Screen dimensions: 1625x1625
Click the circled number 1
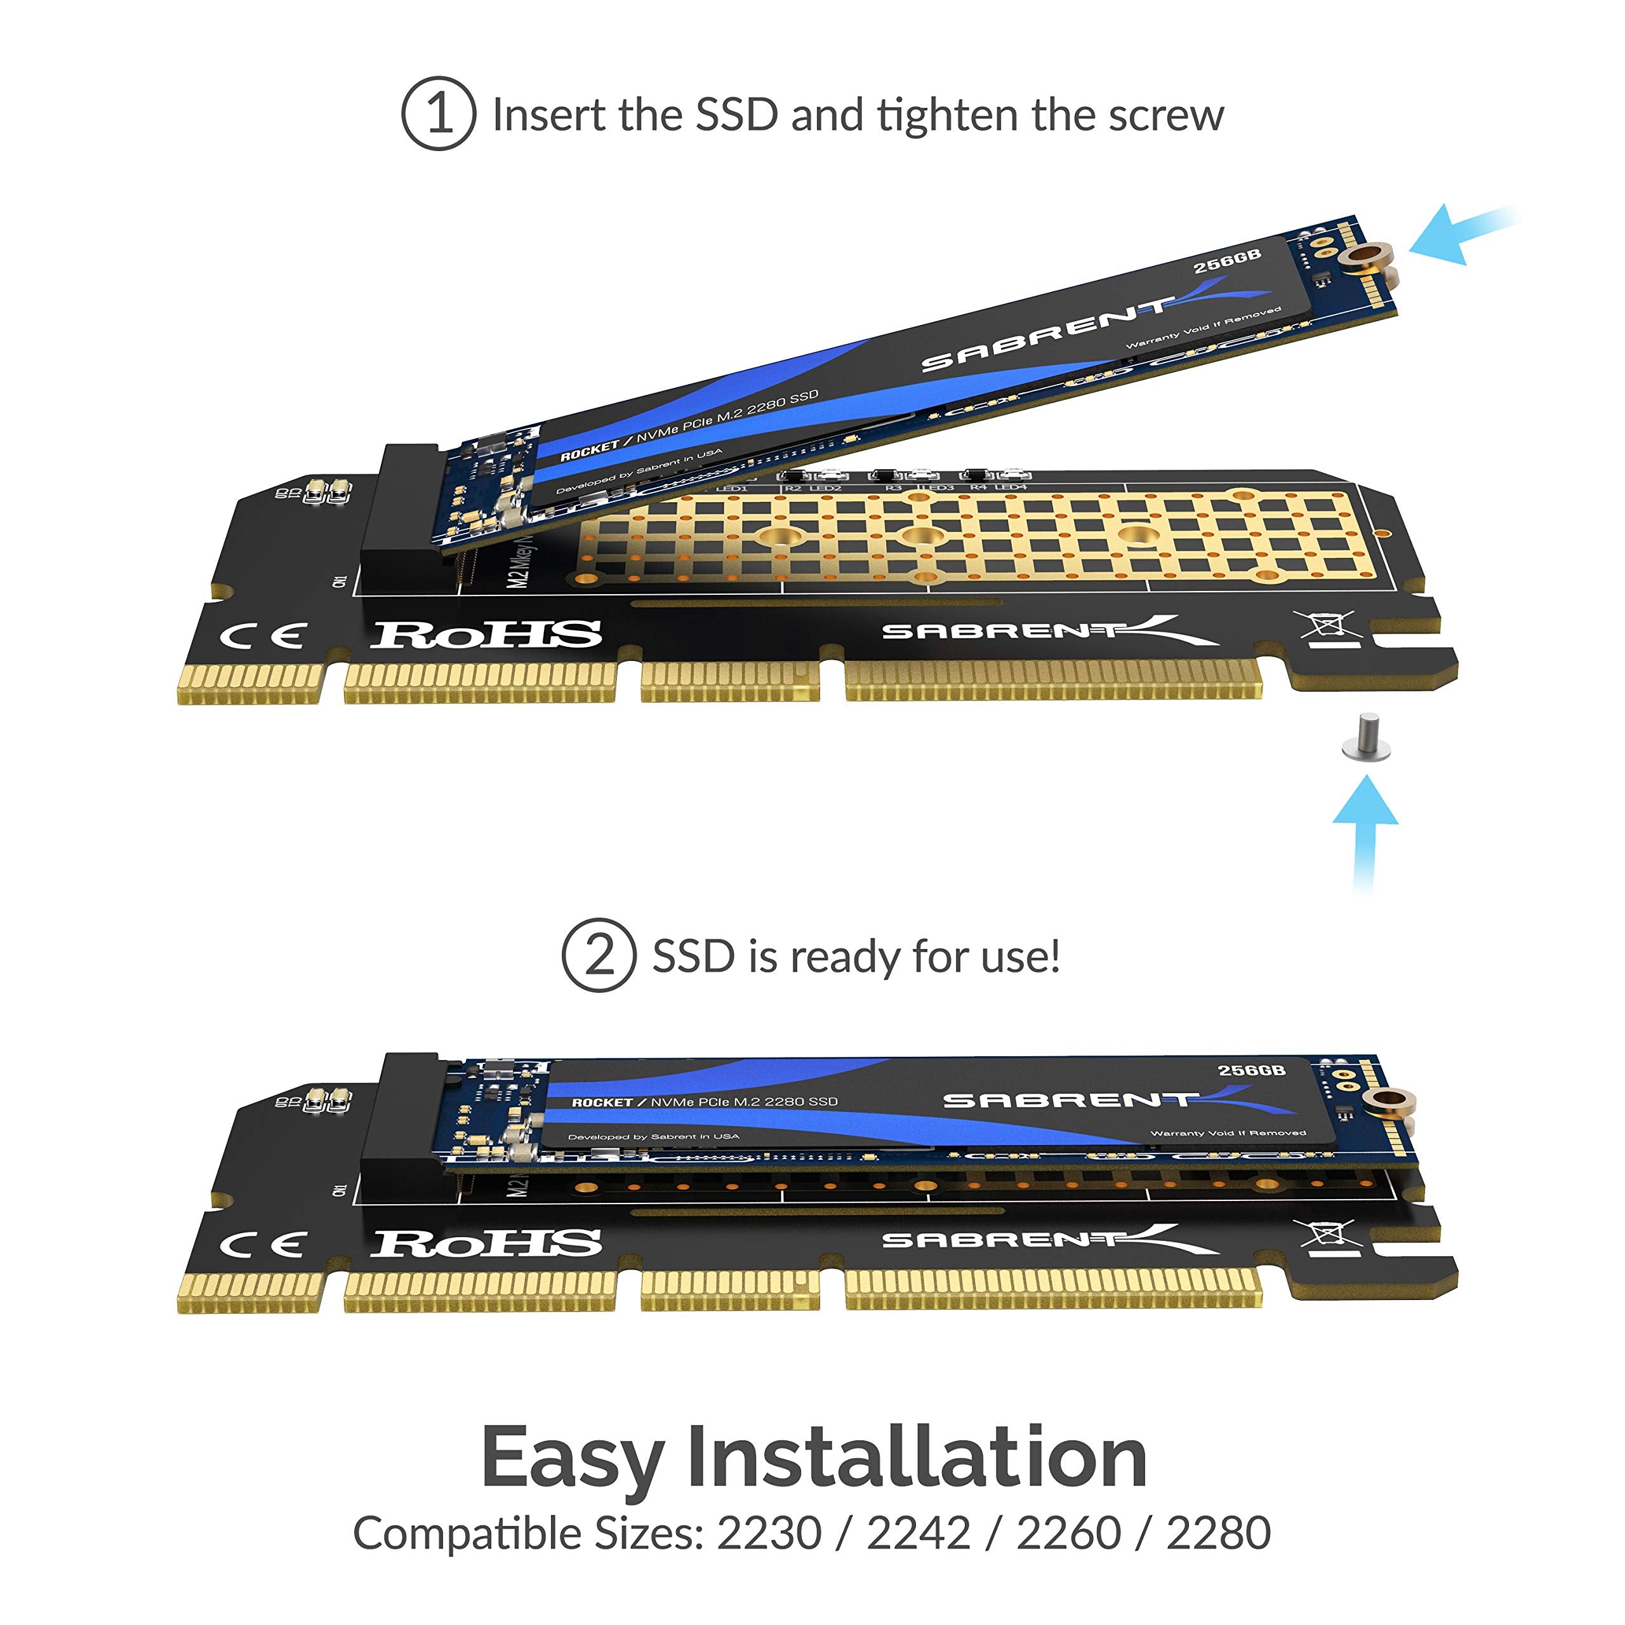(x=438, y=114)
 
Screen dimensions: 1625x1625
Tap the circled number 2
(x=598, y=955)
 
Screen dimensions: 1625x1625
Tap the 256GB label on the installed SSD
(x=1252, y=1070)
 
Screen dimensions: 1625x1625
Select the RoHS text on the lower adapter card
(x=486, y=1244)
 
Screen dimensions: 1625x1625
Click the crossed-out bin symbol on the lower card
(x=1327, y=1235)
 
